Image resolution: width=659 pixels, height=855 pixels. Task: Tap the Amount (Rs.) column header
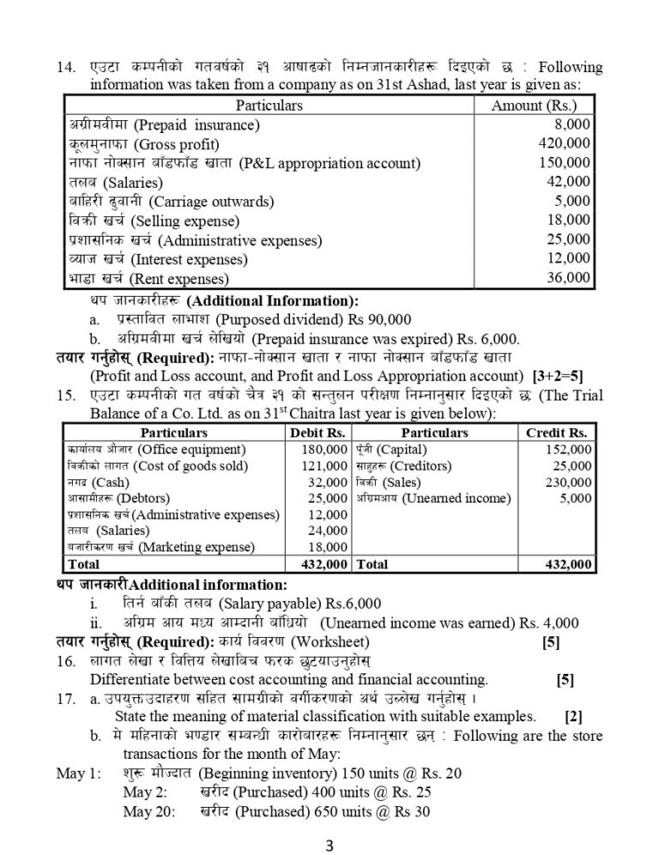tap(533, 105)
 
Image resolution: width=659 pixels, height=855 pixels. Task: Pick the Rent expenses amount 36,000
tap(568, 276)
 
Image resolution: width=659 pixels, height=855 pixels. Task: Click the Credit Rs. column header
tap(556, 433)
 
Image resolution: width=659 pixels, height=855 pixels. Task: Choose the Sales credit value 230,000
tap(567, 482)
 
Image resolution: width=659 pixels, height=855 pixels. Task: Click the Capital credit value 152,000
tap(567, 449)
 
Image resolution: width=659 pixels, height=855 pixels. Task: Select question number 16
tap(65, 663)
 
